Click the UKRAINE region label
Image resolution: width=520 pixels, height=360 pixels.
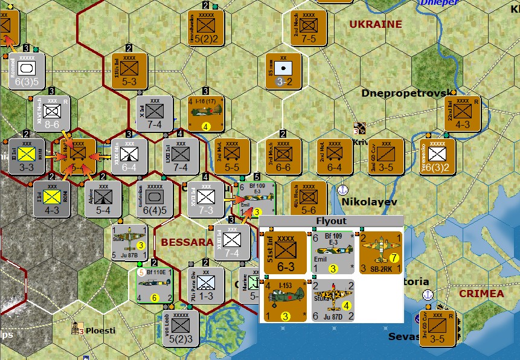click(375, 24)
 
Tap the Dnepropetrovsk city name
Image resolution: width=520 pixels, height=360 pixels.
click(406, 93)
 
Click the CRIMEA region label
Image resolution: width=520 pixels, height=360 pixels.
click(481, 294)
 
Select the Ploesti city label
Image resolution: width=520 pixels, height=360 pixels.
click(101, 331)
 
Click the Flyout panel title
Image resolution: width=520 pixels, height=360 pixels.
click(332, 220)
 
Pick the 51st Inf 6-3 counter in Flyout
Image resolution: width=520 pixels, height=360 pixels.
click(285, 252)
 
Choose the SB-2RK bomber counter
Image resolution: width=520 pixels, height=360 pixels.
click(380, 252)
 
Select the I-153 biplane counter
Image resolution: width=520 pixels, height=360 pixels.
click(285, 300)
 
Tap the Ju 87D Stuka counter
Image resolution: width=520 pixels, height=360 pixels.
click(332, 300)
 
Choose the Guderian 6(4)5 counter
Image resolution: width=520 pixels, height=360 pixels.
click(155, 199)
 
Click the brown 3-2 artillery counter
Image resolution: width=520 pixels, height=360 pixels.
click(284, 71)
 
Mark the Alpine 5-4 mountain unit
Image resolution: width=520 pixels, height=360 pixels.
click(103, 199)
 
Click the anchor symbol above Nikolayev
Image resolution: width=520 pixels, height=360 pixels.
click(344, 190)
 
